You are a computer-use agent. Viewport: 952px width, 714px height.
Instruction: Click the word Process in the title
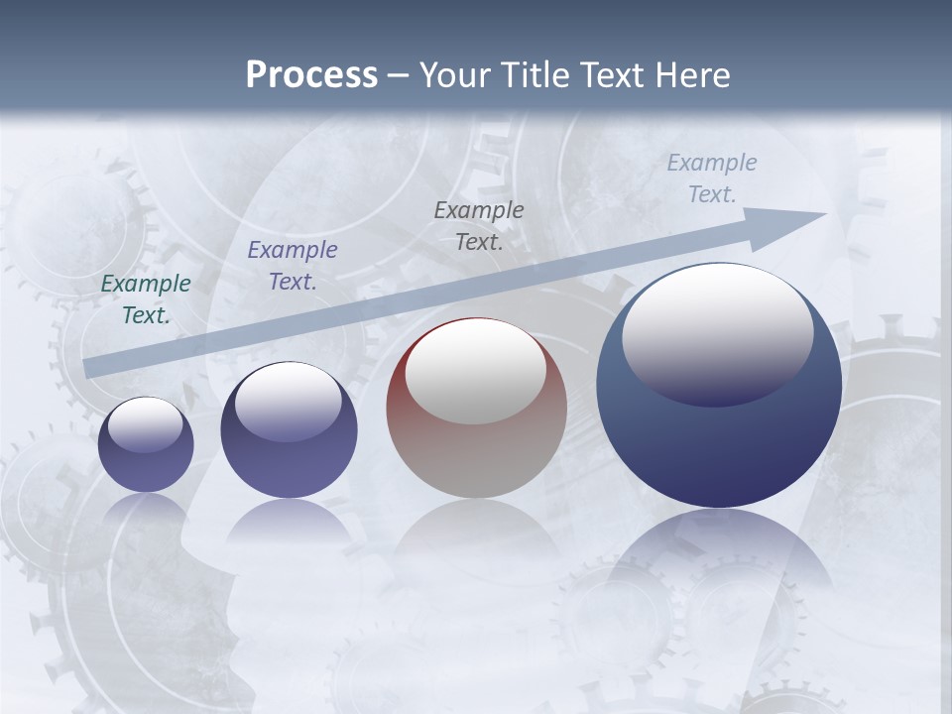coord(311,75)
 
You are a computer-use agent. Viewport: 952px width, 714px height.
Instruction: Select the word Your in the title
coord(455,75)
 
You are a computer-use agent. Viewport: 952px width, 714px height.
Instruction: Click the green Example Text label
coord(146,299)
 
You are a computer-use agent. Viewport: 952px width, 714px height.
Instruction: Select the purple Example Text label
coord(293,266)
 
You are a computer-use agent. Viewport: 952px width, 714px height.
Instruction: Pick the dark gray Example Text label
coord(479,225)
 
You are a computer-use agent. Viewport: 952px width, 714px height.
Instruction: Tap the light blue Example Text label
coord(712,178)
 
